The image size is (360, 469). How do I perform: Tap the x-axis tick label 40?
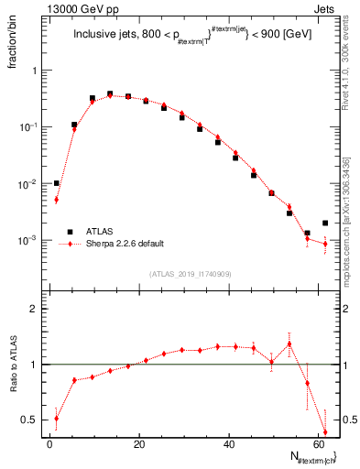(231, 444)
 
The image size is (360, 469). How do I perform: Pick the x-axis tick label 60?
(321, 444)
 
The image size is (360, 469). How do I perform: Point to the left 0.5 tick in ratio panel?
(32, 420)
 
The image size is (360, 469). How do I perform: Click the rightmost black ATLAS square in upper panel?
(325, 223)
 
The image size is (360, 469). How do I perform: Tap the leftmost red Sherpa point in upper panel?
(56, 200)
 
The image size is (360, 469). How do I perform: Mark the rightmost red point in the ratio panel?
(325, 432)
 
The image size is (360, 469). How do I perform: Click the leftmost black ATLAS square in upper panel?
(56, 183)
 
